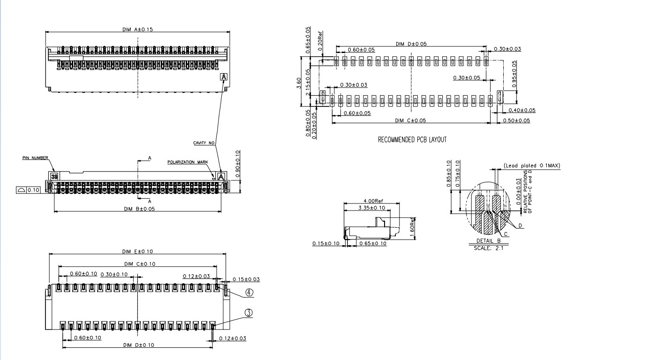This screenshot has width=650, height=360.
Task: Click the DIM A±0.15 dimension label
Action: [137, 29]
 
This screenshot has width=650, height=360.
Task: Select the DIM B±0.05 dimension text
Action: [139, 209]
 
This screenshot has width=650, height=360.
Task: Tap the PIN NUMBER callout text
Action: [35, 158]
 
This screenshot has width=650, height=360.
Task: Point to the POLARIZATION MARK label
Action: [188, 162]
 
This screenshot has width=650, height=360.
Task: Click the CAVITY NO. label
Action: [204, 142]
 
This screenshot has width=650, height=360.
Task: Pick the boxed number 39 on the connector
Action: [54, 177]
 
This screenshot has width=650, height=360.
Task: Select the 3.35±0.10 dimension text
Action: [371, 208]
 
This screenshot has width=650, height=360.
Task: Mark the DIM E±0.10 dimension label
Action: [137, 252]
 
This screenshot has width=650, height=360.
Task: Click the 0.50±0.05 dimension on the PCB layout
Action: [515, 120]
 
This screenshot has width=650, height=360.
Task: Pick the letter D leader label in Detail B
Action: [522, 226]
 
